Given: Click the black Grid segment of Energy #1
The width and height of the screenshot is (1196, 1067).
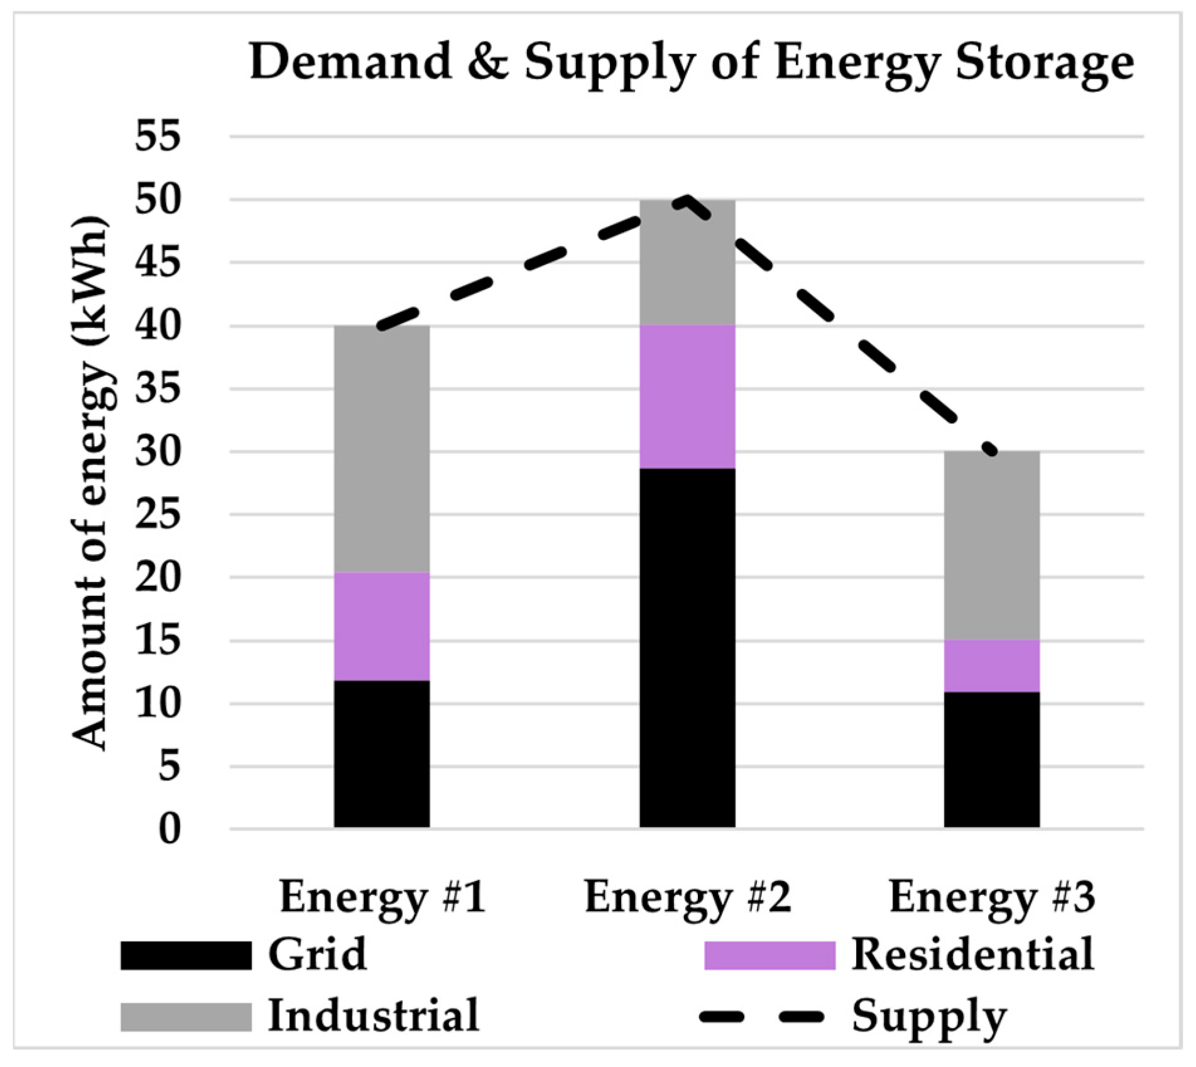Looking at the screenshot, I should coord(381,753).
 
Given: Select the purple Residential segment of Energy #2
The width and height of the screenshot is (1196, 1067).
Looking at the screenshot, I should coord(687,397).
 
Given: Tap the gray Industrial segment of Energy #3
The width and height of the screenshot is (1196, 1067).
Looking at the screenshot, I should coord(992,545).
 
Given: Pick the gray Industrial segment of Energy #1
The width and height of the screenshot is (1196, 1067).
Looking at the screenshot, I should coord(381,449).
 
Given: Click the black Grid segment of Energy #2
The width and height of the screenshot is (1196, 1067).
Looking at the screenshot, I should coord(687,648).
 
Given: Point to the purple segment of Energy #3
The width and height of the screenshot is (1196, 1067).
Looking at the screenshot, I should coord(992,665).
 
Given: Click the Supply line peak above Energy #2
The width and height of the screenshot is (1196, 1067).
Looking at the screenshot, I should coord(687,200).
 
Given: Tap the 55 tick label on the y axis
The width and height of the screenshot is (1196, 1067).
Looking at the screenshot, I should coord(158,136).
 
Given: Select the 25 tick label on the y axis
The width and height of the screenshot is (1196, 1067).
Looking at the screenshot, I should coord(158,515).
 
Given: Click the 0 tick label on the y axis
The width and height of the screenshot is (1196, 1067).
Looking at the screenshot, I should coord(169,829).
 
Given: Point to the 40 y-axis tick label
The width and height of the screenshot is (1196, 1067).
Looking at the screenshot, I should coord(158,326).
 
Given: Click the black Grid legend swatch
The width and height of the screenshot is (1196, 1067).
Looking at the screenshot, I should coord(186,956).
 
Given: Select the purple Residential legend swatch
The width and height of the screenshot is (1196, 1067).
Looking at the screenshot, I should coord(769,956).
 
